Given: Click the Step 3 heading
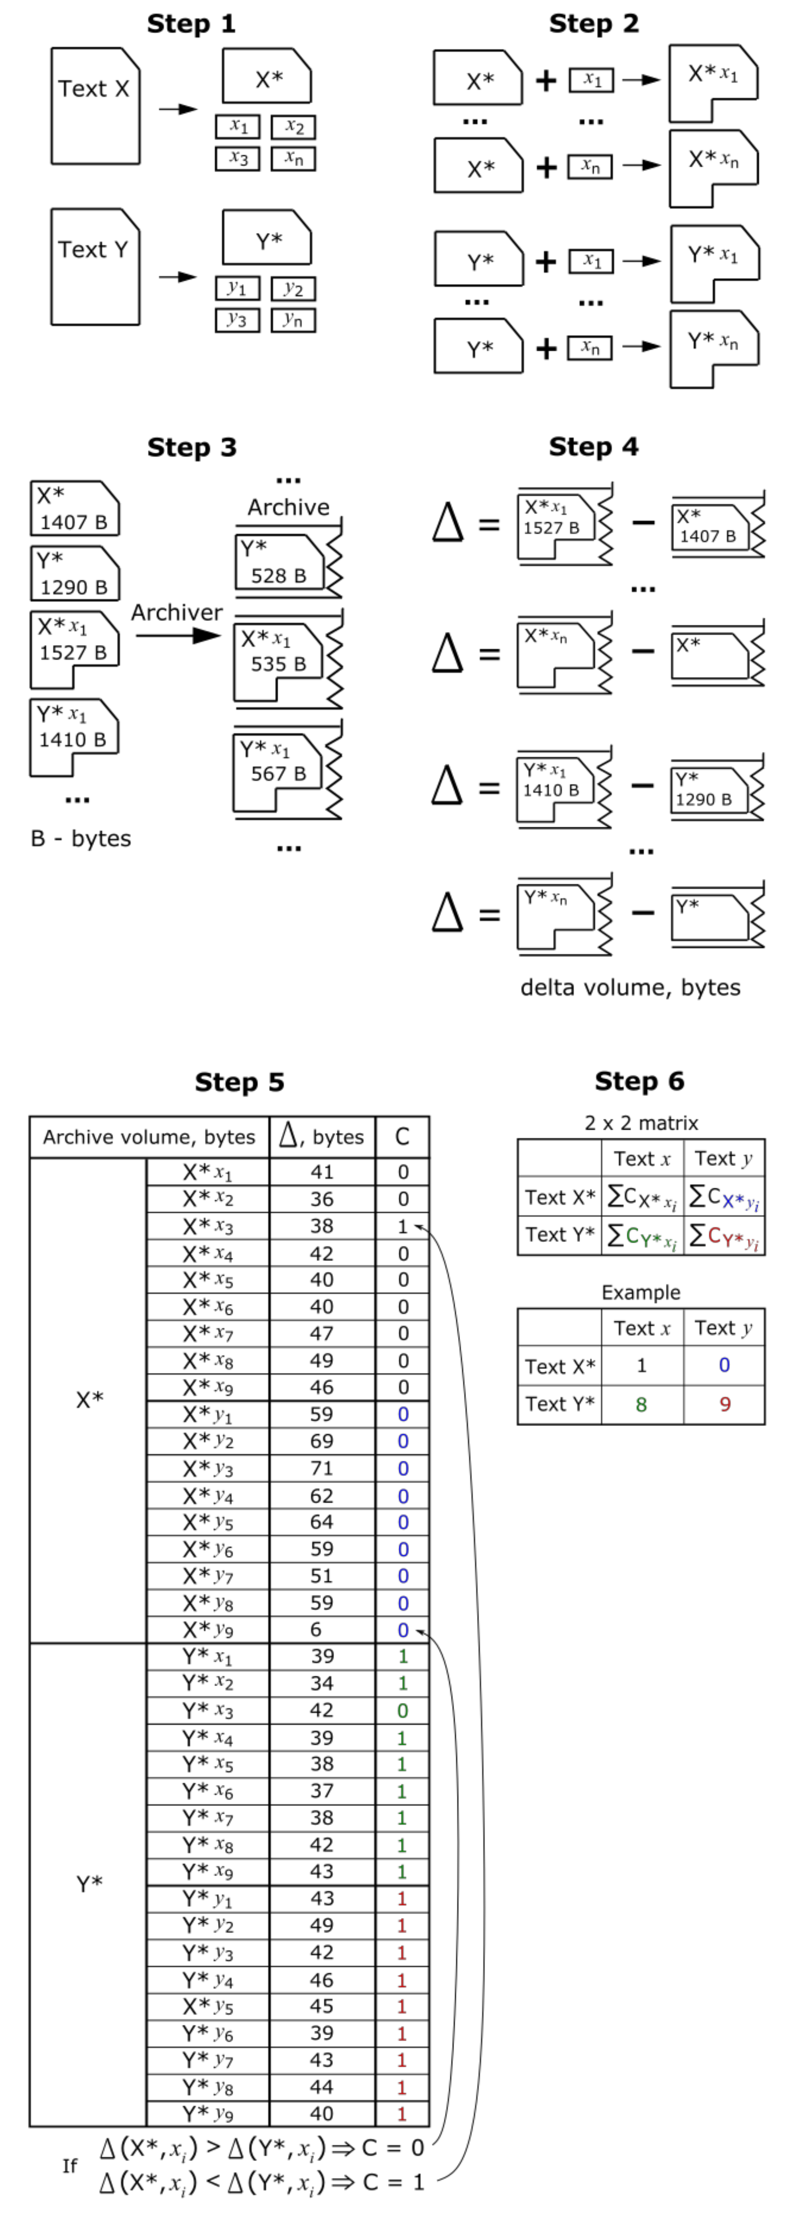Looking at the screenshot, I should click(191, 447).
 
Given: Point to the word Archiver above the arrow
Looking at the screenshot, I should click(177, 612).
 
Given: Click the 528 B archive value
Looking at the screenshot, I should click(278, 575).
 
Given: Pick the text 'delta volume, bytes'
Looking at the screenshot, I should click(630, 987).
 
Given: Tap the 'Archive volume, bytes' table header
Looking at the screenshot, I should click(149, 1137).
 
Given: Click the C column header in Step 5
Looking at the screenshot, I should click(402, 1137).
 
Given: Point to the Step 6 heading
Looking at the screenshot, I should click(639, 1081).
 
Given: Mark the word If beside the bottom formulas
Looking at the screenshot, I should click(70, 2165).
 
